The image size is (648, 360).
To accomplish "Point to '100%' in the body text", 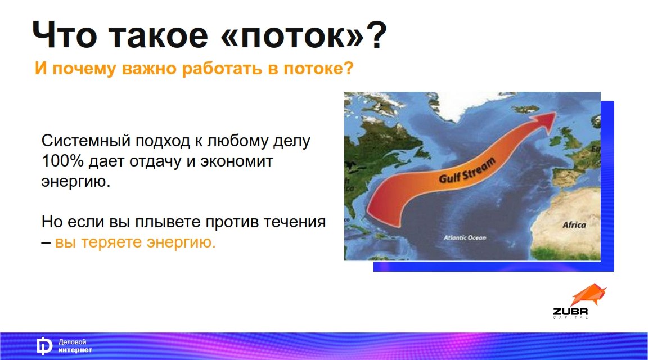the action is (x=62, y=161).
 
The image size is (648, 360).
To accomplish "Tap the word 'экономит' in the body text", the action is (x=237, y=161).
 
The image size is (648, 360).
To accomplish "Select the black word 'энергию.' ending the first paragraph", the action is (x=76, y=182).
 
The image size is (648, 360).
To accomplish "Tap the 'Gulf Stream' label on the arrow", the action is (x=467, y=170).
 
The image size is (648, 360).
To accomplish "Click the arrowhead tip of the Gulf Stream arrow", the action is (x=556, y=112).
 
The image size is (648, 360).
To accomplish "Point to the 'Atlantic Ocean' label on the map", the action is (x=465, y=238).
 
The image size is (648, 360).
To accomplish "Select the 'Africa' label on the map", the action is (x=574, y=225).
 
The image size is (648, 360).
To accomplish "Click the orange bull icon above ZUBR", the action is (x=588, y=295).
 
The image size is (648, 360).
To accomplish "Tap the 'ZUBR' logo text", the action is (x=570, y=312).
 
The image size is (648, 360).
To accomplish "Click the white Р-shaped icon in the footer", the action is (x=44, y=346).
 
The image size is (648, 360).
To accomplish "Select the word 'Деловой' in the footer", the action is (x=73, y=342).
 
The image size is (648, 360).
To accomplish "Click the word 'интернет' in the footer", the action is (x=75, y=350).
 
